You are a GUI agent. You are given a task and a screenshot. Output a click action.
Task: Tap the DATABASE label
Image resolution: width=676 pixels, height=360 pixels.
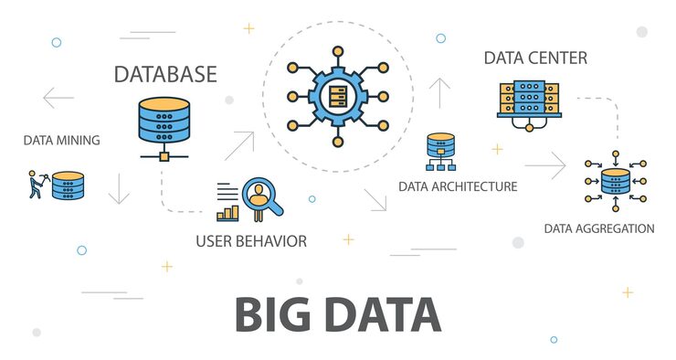coord(165,73)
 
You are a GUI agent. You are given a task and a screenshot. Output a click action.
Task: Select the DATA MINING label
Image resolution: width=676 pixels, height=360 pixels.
coord(61,141)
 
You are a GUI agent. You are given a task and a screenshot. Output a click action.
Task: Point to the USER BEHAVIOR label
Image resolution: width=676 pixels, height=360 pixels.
coord(250,241)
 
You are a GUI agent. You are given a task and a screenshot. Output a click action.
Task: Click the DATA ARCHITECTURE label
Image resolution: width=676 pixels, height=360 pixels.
coord(458,186)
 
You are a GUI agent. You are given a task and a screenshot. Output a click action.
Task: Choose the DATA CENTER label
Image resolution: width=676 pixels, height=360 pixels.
coord(535,58)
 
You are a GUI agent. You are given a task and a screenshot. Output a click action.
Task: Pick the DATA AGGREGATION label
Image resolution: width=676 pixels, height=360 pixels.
coord(599,228)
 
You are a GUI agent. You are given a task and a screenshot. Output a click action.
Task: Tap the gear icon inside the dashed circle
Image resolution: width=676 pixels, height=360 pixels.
coord(338,94)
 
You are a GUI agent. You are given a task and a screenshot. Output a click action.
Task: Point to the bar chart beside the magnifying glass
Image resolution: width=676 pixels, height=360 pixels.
coord(227,211)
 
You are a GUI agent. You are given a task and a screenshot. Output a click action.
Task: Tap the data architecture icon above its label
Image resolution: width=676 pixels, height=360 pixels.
coord(440,151)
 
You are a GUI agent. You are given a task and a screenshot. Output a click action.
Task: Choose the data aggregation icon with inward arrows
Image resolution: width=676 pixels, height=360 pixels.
coord(616,182)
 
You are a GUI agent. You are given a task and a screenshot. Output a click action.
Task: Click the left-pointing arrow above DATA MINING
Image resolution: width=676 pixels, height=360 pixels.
coord(58,97)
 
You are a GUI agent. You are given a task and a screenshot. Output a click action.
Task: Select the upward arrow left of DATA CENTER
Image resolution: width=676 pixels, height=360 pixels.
coord(441,92)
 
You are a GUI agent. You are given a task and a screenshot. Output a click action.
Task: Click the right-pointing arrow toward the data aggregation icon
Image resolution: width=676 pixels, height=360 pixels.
coord(545,165)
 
